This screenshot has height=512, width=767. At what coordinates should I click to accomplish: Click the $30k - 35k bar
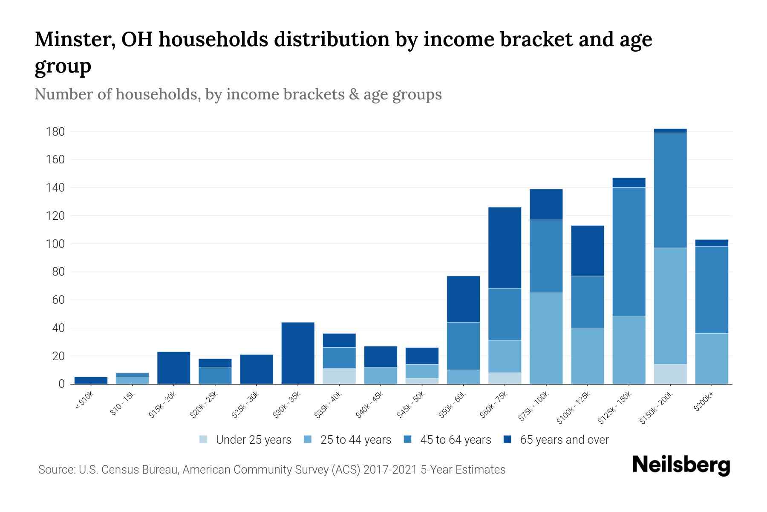coord(298,353)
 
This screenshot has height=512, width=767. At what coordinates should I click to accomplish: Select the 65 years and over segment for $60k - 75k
coord(505,248)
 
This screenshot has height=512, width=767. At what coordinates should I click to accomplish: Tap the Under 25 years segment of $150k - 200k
coord(670,374)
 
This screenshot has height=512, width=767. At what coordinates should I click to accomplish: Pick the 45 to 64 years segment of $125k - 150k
coord(629,252)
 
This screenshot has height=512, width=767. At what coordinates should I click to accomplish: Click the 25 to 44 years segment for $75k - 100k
coord(546,338)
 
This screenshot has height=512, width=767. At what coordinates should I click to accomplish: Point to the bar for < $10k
coord(91,380)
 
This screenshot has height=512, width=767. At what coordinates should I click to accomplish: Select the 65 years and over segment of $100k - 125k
coord(588,250)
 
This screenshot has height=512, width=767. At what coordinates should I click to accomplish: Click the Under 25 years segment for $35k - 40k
coord(339,376)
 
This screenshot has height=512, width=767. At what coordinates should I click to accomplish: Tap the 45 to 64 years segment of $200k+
coord(712,290)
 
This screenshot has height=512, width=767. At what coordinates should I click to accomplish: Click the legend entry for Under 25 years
coord(254,440)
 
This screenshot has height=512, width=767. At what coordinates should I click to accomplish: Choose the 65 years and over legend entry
coord(564,440)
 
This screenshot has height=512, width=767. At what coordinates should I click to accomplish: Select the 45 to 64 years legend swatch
coord(408,439)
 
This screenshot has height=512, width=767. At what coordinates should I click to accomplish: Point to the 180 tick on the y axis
coord(55,131)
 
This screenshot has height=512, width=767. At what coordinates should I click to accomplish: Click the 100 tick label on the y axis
coord(55,244)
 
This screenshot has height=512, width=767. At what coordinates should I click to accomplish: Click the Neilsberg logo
coord(681,465)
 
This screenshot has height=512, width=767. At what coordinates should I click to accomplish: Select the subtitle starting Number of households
coord(238,94)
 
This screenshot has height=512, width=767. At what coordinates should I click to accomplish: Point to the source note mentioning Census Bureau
coord(272,470)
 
